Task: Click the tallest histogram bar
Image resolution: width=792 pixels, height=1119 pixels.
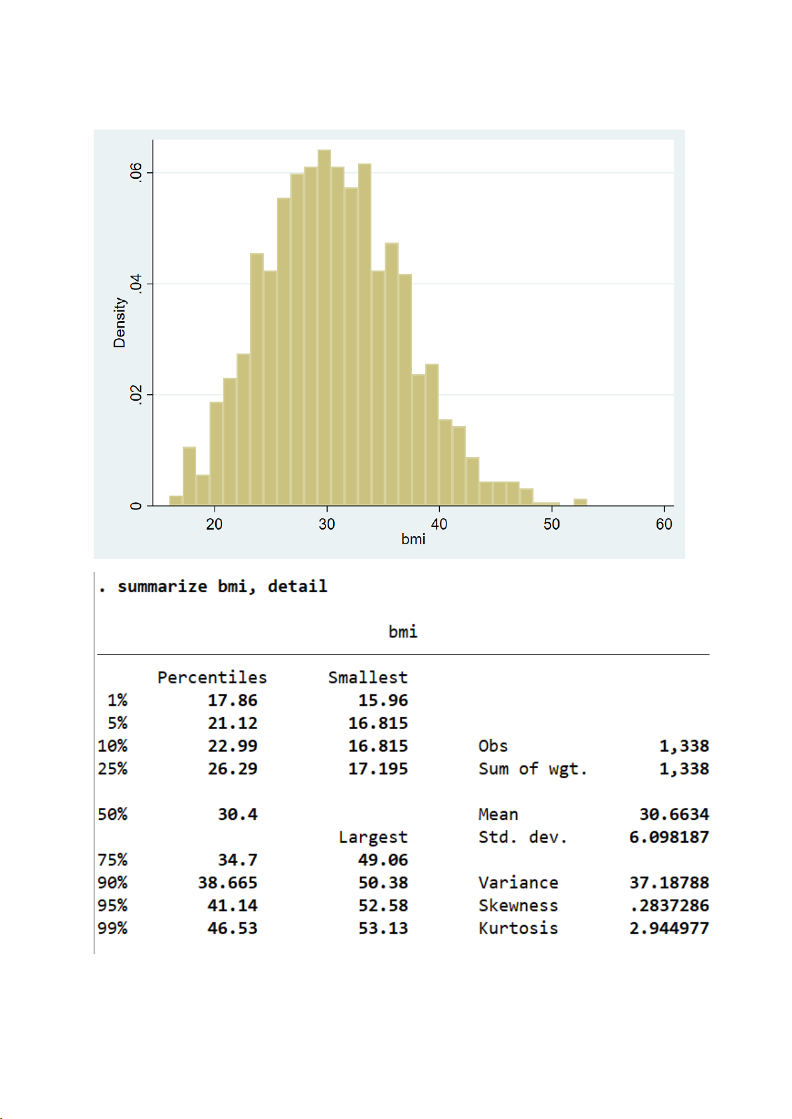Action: (x=324, y=326)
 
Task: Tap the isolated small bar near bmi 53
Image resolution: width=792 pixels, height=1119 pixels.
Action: (x=580, y=502)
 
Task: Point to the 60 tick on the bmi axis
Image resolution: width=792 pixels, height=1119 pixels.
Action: (x=664, y=524)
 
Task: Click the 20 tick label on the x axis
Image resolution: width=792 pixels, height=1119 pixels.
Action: (x=214, y=524)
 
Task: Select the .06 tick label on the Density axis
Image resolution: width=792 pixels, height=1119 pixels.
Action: (x=136, y=171)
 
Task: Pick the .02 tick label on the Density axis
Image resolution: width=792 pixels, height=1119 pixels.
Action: (x=136, y=394)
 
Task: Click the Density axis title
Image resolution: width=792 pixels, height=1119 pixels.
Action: (x=120, y=322)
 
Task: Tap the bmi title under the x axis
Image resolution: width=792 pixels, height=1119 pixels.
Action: (x=413, y=539)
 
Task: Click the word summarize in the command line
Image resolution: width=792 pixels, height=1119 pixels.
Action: (x=162, y=586)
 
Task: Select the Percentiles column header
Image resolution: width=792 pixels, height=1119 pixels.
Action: (x=212, y=677)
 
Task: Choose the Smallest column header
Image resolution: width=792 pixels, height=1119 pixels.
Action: (x=367, y=677)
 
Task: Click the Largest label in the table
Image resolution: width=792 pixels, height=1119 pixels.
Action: (x=373, y=837)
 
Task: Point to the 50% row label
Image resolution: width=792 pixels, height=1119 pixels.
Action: (x=112, y=814)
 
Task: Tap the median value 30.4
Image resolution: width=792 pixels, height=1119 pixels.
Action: (x=237, y=814)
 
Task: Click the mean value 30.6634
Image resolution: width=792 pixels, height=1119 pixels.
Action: (x=674, y=814)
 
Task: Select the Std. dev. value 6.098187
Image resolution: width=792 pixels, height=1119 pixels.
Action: (x=668, y=837)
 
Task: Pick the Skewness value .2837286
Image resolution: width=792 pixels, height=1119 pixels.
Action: (x=669, y=905)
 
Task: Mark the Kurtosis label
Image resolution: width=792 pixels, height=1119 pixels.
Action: (x=518, y=928)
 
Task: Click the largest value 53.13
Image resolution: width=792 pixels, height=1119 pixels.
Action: (x=383, y=928)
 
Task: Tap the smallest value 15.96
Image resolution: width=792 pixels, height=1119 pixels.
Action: (x=383, y=700)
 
